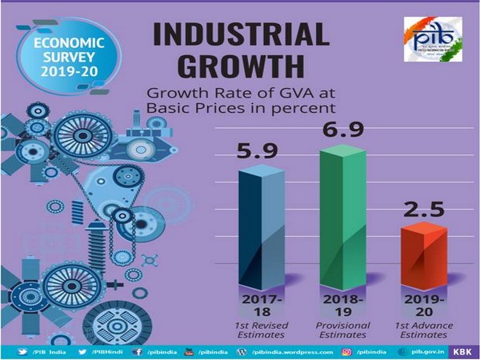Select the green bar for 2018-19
pos(342,216)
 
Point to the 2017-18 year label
pos(260,306)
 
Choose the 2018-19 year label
pos(342,306)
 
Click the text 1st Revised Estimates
pos(260,331)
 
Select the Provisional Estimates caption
pos(342,331)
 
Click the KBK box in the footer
pos(462,351)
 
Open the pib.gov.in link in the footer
pos(424,351)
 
